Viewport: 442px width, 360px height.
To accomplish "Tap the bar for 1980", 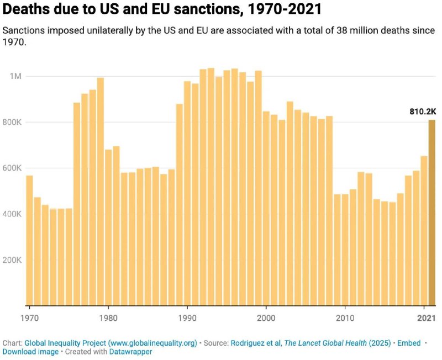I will [108, 227].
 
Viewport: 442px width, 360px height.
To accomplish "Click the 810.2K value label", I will [423, 112].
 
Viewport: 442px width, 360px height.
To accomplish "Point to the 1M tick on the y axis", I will [15, 76].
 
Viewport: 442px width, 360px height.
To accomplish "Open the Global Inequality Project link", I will [110, 343].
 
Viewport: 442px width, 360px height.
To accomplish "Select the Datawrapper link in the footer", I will [133, 351].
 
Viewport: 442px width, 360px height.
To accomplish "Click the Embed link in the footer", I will [408, 343].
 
